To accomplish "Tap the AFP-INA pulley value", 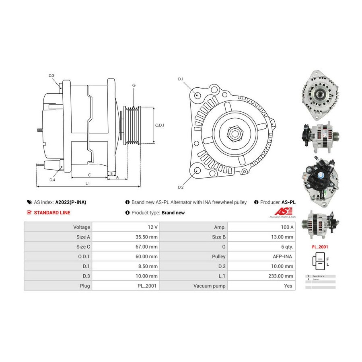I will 284,257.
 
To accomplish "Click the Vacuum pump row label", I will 209,286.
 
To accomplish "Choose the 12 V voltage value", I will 152,227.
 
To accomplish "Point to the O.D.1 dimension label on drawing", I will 160,125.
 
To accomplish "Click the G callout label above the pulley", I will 134,85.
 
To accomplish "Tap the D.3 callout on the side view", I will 51,76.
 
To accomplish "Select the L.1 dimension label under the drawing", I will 87,183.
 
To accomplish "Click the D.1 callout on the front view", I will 181,79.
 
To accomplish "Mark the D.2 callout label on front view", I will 181,187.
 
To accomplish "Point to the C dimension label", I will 89,175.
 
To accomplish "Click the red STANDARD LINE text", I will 52,213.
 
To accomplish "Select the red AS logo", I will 281,212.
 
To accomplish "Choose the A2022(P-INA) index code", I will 71,202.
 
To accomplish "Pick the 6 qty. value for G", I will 286,247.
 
